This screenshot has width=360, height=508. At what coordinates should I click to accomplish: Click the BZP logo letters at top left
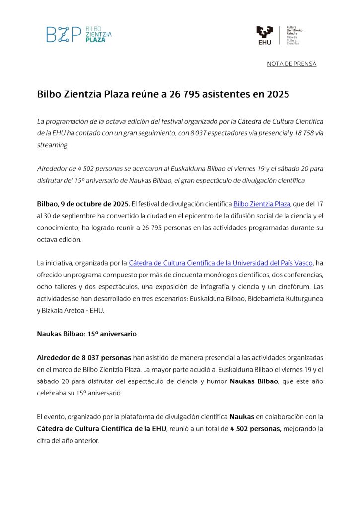click(x=64, y=34)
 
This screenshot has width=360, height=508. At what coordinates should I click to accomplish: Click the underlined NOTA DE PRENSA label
click(x=291, y=64)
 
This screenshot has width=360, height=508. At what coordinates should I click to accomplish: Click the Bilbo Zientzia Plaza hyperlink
click(x=262, y=204)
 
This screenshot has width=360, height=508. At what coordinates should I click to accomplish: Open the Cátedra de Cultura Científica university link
click(x=220, y=263)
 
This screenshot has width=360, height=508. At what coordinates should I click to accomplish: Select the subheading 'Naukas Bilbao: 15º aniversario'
click(x=87, y=334)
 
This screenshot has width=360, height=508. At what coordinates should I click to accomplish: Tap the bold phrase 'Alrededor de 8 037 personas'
click(x=84, y=358)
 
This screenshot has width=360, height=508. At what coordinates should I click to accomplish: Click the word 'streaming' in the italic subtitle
click(x=52, y=145)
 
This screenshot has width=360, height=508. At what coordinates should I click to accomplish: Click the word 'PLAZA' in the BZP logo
click(x=96, y=40)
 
